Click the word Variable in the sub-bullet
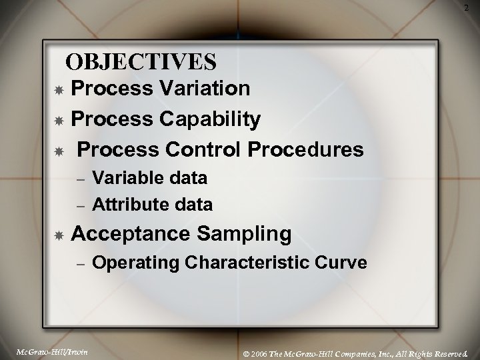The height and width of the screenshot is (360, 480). (127, 178)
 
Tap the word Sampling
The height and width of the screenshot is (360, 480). (246, 234)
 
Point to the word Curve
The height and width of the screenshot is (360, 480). (343, 263)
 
